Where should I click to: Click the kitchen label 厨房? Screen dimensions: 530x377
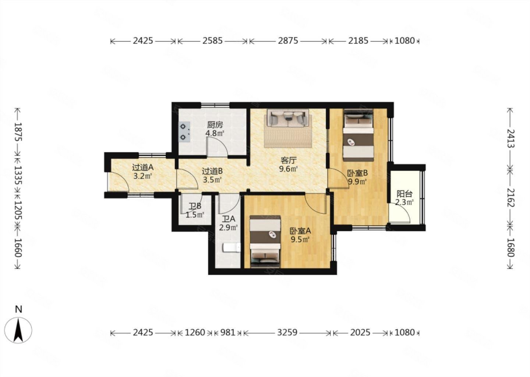pos(215,125)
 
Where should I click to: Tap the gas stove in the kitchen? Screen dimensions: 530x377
pos(184,132)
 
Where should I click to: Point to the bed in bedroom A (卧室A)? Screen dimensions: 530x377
pos(265,242)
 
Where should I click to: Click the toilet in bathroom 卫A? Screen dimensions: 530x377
pos(232,248)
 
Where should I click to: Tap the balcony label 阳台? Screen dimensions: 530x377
pos(404,194)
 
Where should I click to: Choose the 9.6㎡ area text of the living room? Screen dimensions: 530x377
pos(288,169)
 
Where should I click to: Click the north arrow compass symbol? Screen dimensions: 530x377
pos(18,330)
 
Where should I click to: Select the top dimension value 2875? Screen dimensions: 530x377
pos(288,41)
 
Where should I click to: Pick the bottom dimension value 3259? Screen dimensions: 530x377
pos(287,332)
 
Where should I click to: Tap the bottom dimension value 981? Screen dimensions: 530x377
pos(227,332)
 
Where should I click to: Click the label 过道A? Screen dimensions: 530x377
pos(143,168)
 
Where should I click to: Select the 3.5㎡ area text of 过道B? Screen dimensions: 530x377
pos(212,180)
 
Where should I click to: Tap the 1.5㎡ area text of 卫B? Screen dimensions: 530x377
pos(195,215)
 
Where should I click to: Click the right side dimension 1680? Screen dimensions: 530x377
pos(511,247)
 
